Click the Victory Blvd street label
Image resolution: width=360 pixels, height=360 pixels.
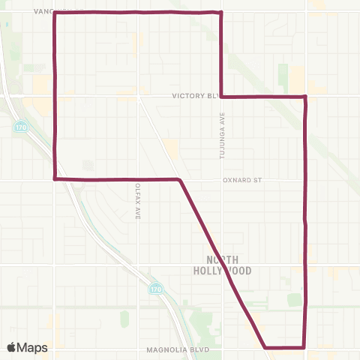click(x=193, y=96)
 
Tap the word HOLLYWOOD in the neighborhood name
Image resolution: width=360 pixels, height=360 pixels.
click(x=228, y=270)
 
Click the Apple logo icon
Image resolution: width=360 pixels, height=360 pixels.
click(x=12, y=346)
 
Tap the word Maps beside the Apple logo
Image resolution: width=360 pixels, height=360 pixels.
click(x=34, y=347)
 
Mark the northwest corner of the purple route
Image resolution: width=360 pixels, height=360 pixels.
click(x=55, y=13)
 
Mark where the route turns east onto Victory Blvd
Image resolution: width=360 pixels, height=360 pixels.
click(x=221, y=97)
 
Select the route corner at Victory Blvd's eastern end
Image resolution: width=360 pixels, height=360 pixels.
click(x=304, y=97)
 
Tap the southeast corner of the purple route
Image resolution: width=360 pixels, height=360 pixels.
click(x=304, y=347)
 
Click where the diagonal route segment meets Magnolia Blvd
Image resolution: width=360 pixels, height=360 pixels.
click(x=265, y=347)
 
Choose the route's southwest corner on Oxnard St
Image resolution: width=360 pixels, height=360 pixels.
click(x=55, y=178)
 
